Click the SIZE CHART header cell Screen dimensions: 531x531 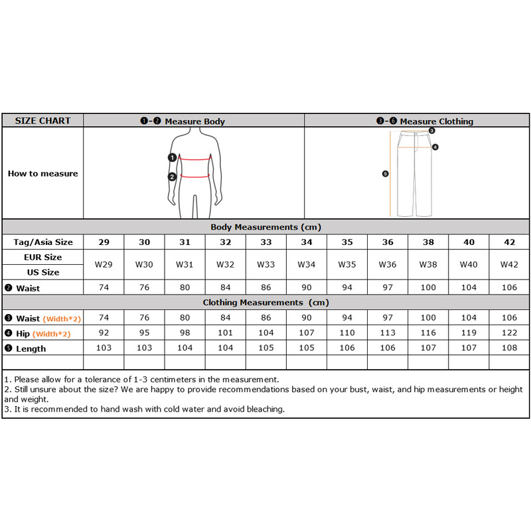[x=42, y=121]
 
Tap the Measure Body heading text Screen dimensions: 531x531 [x=194, y=121]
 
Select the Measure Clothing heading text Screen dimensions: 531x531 [x=436, y=121]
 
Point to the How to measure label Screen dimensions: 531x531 [x=42, y=173]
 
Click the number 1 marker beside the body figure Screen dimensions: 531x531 [x=172, y=157]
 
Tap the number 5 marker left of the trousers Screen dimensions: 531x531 [x=385, y=174]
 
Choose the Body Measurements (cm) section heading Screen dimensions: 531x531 [x=266, y=227]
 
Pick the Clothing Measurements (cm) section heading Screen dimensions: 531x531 [x=265, y=303]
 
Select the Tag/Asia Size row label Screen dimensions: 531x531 [x=43, y=242]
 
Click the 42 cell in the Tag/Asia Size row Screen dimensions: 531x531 [x=509, y=242]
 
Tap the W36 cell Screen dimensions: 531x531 [x=388, y=264]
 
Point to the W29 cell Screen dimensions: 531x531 [x=104, y=264]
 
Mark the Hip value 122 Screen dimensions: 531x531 [x=509, y=333]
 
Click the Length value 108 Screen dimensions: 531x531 [x=509, y=348]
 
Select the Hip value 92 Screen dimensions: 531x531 [x=104, y=333]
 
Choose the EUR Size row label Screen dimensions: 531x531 [x=42, y=257]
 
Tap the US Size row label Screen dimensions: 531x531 [x=42, y=272]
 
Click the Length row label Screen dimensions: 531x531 [x=31, y=348]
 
